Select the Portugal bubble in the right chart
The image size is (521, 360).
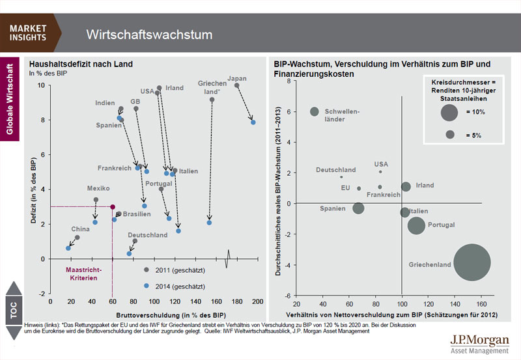point(416,225)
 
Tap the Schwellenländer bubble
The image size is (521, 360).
point(315,112)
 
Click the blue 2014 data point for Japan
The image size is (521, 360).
point(253,122)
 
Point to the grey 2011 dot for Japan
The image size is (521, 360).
point(237,85)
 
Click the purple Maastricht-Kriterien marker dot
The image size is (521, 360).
point(113,207)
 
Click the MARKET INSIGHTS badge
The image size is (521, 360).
point(29,33)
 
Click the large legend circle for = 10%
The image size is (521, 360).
point(449,113)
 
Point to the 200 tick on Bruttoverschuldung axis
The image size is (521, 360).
point(257,302)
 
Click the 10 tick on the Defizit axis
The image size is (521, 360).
point(41,85)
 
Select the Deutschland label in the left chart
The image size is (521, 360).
point(147,235)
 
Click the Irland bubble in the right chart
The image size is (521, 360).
point(406,187)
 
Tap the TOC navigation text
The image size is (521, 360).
point(14,312)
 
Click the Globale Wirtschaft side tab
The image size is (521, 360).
point(9,98)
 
